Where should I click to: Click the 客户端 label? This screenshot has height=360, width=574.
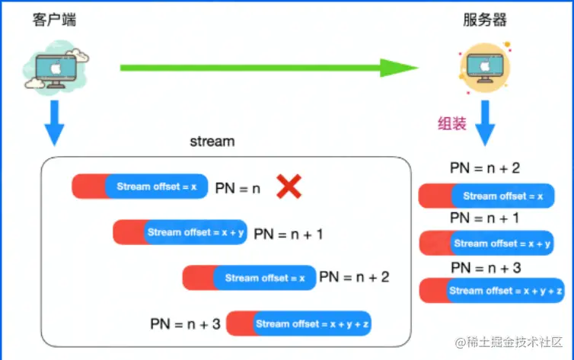tap(54, 20)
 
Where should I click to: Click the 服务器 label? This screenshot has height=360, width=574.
tap(485, 20)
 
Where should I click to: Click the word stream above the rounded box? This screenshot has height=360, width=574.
tap(212, 142)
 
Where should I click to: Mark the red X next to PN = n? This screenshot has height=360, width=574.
tap(288, 186)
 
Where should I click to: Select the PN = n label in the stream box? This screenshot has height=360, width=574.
tap(238, 187)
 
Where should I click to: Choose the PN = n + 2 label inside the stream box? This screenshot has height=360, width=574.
tap(354, 277)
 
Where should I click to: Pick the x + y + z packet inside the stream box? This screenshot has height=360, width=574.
tap(298, 323)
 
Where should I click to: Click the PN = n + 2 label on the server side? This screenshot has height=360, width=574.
tap(485, 168)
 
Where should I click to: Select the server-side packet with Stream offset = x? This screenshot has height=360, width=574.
tap(486, 196)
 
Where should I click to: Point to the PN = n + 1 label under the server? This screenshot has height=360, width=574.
tap(485, 218)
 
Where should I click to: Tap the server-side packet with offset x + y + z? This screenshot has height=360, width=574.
tap(492, 291)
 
